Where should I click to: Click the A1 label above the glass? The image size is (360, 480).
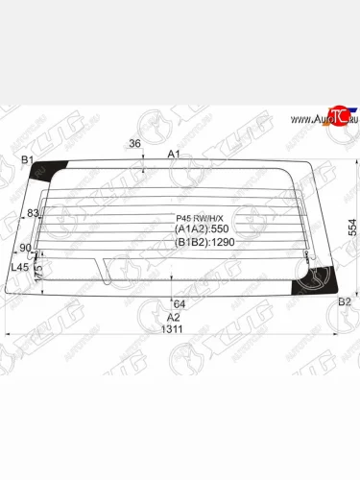[174, 154]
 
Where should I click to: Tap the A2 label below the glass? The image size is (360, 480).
[174, 317]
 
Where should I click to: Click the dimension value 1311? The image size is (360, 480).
[173, 329]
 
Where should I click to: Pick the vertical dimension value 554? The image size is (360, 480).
[351, 227]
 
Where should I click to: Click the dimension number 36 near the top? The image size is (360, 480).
[134, 145]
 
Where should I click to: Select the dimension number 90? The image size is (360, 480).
[27, 249]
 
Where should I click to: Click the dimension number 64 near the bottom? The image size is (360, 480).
[180, 304]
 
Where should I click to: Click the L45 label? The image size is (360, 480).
[19, 266]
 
